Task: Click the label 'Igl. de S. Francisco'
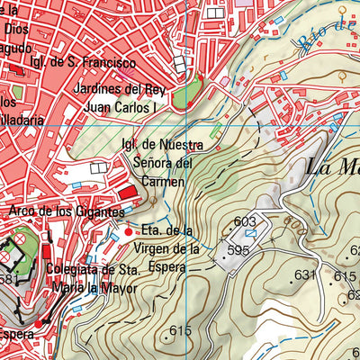pyautogui.click(x=82, y=63)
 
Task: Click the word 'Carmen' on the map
pyautogui.click(x=162, y=181)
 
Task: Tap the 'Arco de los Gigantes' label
pyautogui.click(x=66, y=211)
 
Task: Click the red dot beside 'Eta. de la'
pyautogui.click(x=126, y=230)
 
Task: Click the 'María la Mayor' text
pyautogui.click(x=94, y=288)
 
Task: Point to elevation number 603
pyautogui.click(x=245, y=221)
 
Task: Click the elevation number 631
pyautogui.click(x=307, y=274)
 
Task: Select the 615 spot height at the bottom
pyautogui.click(x=180, y=331)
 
